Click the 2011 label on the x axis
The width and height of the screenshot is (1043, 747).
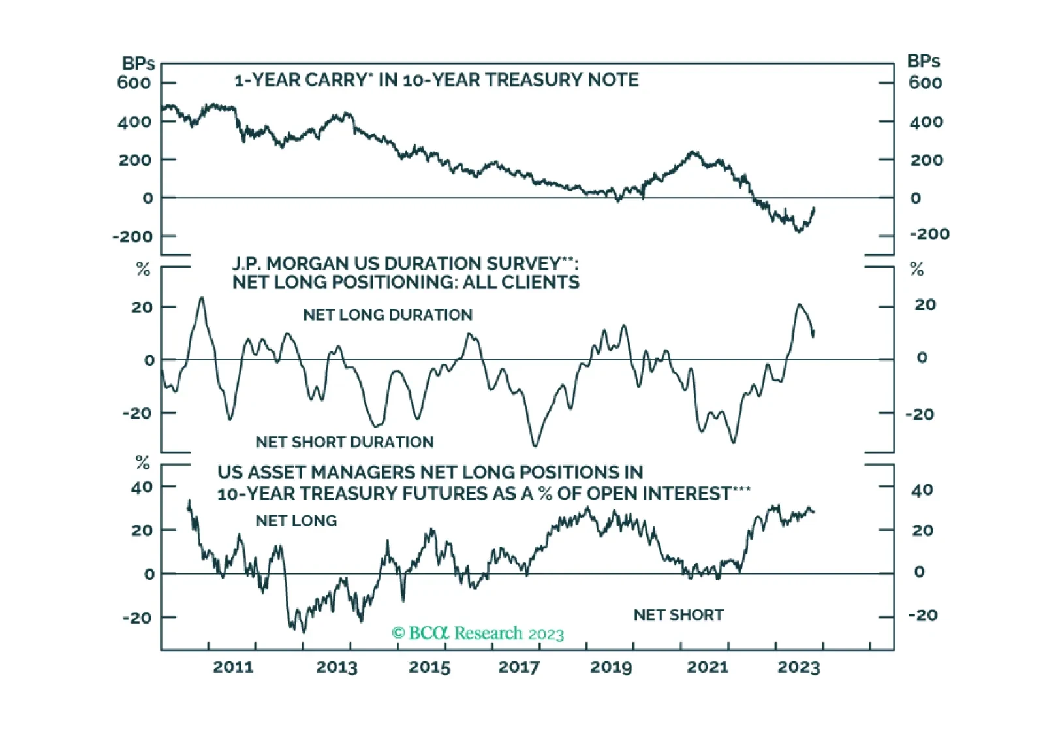click(x=233, y=667)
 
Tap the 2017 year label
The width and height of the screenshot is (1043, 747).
click(x=519, y=667)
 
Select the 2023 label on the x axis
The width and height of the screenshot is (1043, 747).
click(x=799, y=667)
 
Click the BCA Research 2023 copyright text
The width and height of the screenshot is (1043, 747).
click(x=478, y=633)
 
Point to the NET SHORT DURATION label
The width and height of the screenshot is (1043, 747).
click(x=345, y=442)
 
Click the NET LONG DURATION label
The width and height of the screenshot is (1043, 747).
click(x=388, y=315)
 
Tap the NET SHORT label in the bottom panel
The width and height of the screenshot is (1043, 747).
click(x=679, y=615)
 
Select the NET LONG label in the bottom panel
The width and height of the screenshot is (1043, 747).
click(x=296, y=520)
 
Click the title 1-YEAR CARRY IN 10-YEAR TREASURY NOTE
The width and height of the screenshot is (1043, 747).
click(x=436, y=80)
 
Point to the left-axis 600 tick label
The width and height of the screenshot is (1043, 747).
click(x=134, y=83)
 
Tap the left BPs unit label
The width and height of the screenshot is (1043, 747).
click(x=138, y=63)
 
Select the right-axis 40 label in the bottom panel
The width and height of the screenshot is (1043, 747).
click(x=922, y=490)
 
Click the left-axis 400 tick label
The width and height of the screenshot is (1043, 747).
click(x=134, y=121)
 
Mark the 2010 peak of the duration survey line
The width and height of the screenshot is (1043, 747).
click(x=201, y=298)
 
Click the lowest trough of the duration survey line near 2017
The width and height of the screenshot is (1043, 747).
click(x=535, y=446)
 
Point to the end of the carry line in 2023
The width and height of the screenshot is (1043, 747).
click(x=814, y=208)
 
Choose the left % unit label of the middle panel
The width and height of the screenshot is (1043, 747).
click(x=143, y=269)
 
